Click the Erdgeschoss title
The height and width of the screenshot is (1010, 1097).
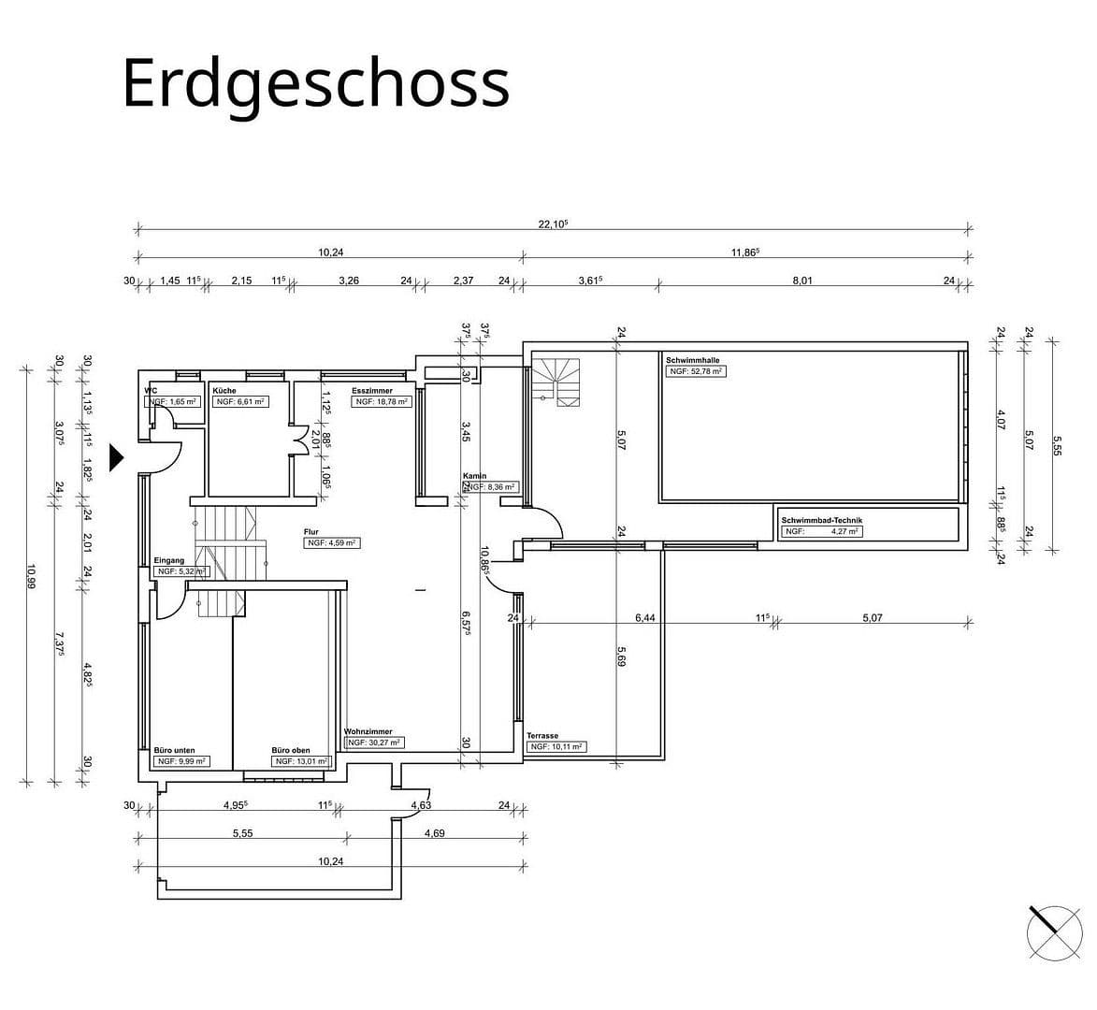[x=315, y=83]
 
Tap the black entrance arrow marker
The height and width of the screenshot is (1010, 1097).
[x=117, y=457]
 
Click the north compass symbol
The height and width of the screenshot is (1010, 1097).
[x=1053, y=932]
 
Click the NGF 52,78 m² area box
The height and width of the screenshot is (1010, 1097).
[x=696, y=371]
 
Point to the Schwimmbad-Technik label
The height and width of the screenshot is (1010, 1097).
[x=821, y=520]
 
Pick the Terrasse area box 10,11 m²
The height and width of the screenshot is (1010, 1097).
[x=556, y=747]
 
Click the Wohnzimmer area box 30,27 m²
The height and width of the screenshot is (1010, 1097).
[x=374, y=743]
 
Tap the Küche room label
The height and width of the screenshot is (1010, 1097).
[x=224, y=390]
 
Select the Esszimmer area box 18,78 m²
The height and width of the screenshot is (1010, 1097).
[x=382, y=401]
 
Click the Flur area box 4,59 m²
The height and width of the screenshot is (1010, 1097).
[x=331, y=542]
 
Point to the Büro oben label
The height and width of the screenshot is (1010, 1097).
[x=290, y=750]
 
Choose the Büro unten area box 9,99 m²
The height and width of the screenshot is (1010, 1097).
[x=180, y=761]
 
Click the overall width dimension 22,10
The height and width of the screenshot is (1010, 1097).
[x=554, y=224]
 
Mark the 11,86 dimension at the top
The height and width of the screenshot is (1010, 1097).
[x=745, y=252]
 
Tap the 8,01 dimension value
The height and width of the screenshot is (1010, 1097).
[x=801, y=280]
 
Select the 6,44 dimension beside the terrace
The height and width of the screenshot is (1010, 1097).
[x=645, y=617]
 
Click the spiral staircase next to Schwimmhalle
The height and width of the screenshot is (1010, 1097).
[x=557, y=382]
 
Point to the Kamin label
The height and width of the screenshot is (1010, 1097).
[x=474, y=476]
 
